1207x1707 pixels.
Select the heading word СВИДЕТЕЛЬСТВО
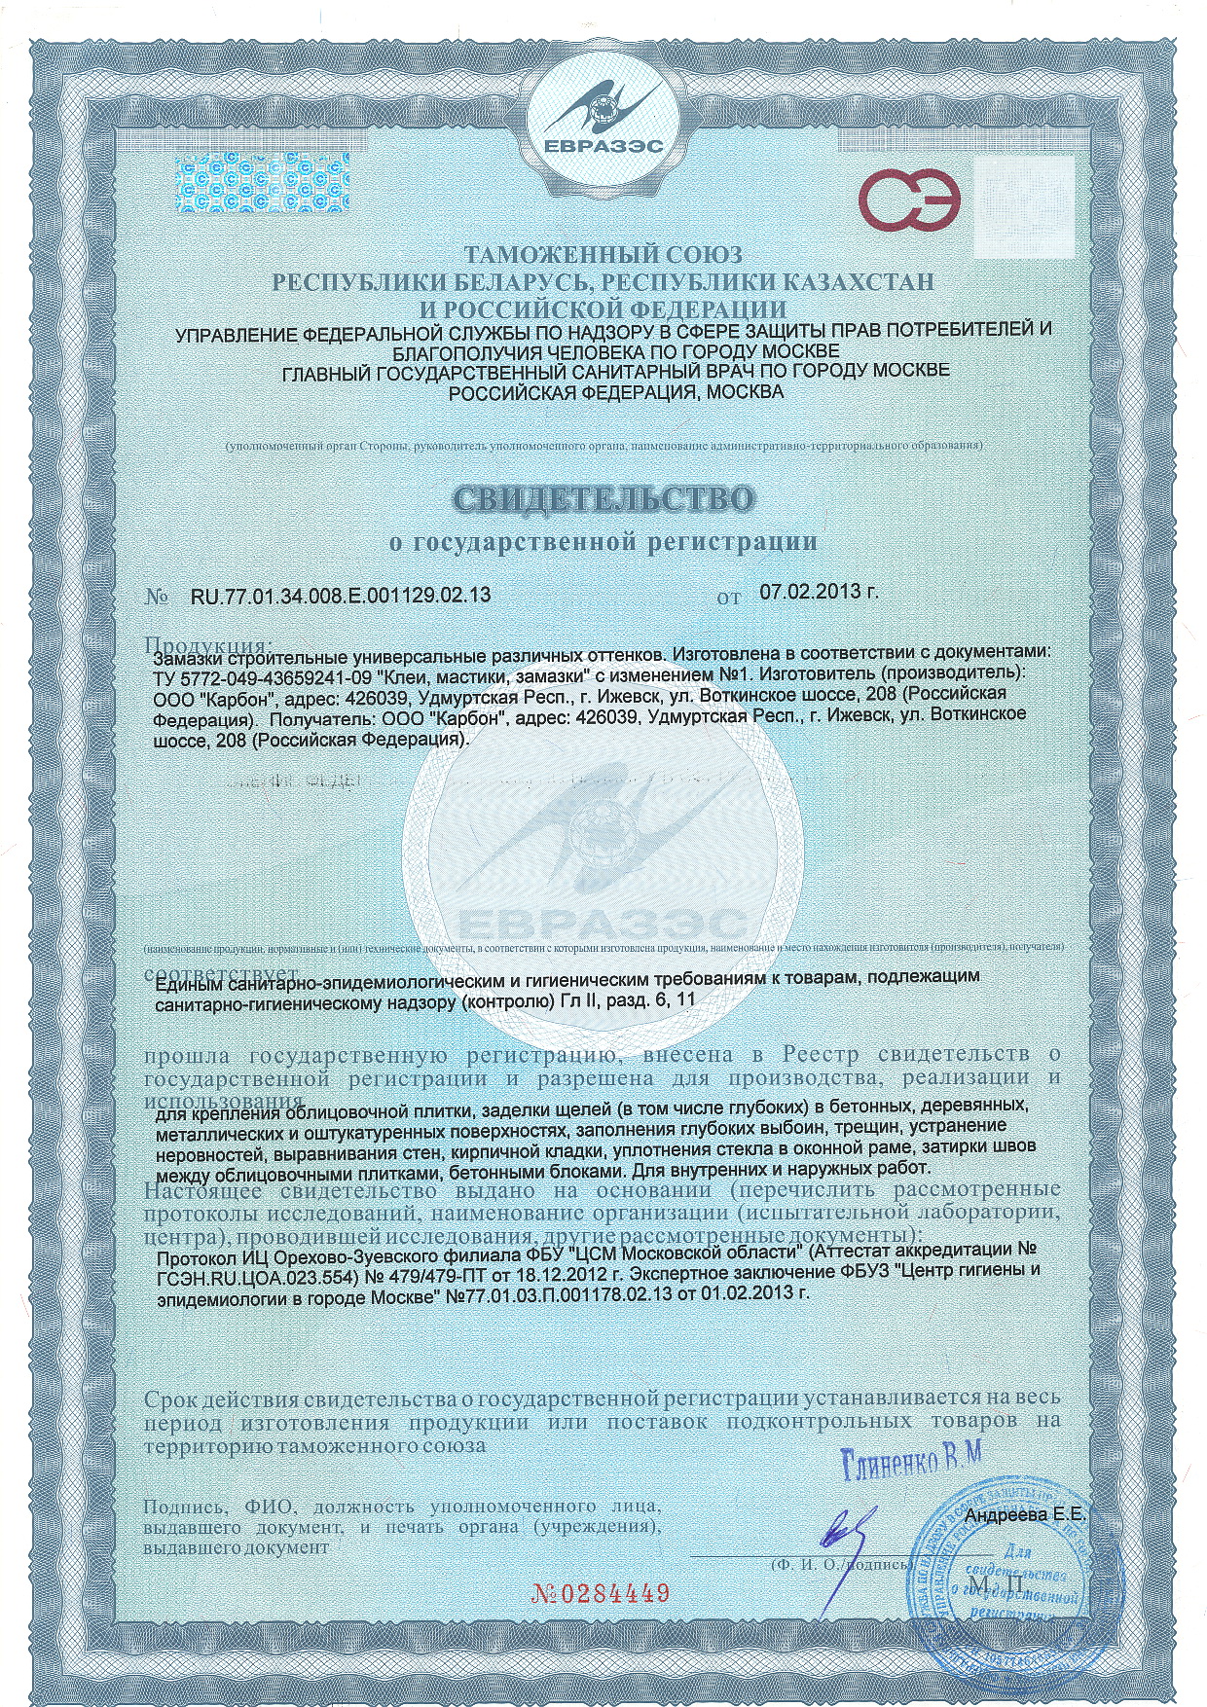tap(603, 499)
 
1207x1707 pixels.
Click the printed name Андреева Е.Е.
tap(1028, 1516)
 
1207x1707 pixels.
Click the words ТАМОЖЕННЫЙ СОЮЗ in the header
tap(603, 257)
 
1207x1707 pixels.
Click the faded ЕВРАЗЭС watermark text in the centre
tap(603, 921)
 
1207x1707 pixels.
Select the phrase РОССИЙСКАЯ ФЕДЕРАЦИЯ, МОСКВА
tap(613, 392)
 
